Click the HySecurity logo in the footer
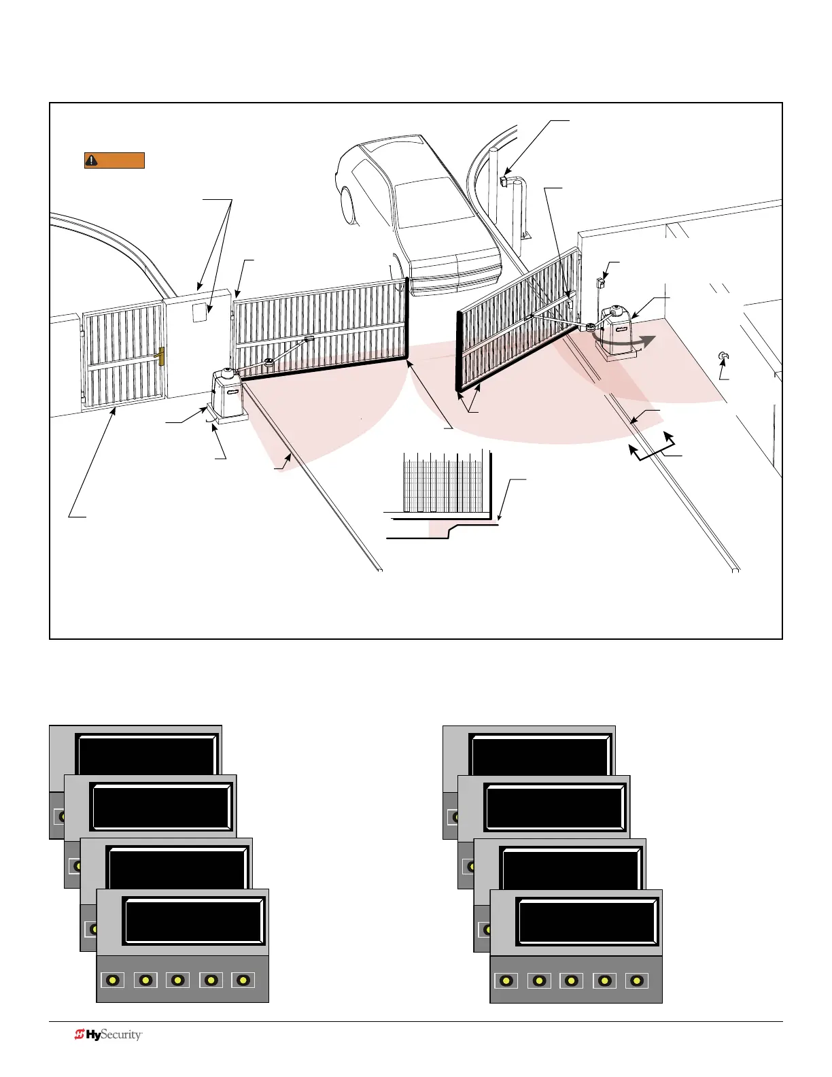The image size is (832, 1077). tap(108, 1035)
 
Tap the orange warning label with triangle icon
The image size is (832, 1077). tap(114, 160)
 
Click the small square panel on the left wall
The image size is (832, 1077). tap(199, 313)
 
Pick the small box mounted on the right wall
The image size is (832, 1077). tap(600, 282)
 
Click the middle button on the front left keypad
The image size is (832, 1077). tap(177, 980)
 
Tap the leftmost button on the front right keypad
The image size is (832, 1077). tap(506, 980)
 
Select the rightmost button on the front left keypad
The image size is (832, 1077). tap(243, 980)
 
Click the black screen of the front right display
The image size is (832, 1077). tap(587, 921)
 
